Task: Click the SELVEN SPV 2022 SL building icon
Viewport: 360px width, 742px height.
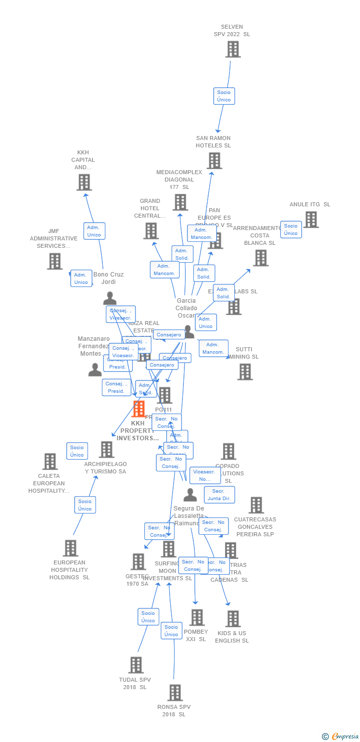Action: pos(233,49)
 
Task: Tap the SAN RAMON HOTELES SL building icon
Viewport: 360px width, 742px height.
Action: pos(214,161)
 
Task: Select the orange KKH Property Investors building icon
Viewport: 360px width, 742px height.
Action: pos(138,409)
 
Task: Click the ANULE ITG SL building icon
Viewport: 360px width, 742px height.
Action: pos(311,219)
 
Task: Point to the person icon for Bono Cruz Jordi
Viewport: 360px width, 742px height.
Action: pos(110,298)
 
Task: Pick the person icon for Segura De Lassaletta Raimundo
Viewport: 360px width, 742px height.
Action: pos(190,495)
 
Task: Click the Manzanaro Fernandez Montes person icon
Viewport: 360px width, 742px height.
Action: pos(95,370)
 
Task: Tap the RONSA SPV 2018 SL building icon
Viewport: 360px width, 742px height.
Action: pos(175,693)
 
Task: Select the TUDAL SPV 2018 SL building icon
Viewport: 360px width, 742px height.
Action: pos(136,665)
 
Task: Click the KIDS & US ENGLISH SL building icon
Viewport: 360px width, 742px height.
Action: pos(233,618)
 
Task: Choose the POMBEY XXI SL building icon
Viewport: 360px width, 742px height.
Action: pos(197,617)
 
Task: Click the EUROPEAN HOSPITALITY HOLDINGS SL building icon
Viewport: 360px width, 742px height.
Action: pos(70,548)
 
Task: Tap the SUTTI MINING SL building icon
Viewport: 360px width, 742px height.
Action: pos(245,371)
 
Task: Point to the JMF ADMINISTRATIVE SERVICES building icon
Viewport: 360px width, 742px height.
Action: pos(54,261)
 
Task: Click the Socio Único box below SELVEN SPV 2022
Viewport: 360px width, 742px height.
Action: pos(224,96)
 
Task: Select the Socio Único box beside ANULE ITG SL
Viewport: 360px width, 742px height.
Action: pos(291,230)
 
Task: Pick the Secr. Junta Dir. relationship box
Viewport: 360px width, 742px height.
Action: pos(219,495)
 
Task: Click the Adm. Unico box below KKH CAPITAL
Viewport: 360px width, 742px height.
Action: pos(94,231)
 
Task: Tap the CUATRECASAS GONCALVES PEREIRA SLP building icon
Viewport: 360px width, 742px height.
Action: pos(256,505)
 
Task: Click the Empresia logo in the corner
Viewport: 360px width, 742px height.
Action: pos(341,737)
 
